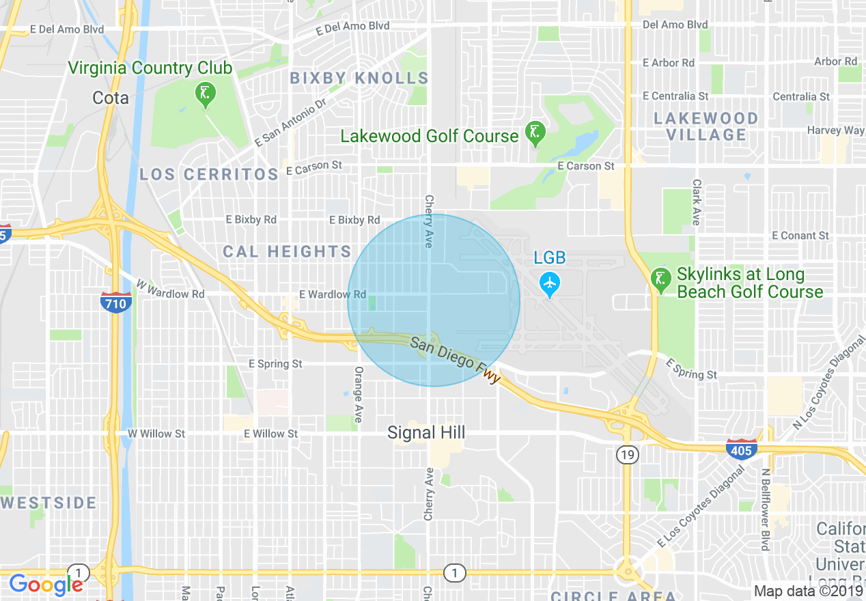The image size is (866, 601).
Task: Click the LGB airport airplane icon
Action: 549,282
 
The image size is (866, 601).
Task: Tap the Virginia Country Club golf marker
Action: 205,94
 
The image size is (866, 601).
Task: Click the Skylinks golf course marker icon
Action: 660,279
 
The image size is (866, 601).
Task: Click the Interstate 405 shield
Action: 741,449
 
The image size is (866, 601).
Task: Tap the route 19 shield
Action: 627,454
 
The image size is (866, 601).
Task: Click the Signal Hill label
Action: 426,432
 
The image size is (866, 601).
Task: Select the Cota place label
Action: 111,98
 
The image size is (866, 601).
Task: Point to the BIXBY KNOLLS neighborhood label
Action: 359,78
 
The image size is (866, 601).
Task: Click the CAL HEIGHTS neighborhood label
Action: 287,252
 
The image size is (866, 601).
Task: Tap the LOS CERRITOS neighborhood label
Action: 209,174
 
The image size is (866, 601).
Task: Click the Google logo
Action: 46,585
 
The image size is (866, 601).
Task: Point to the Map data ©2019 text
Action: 808,591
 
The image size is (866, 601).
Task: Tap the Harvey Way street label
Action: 835,130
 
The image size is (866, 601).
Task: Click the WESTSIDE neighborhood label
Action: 49,503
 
